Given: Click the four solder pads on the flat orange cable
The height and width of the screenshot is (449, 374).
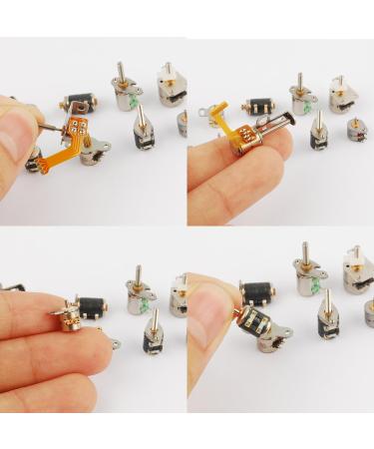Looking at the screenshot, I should (77, 126).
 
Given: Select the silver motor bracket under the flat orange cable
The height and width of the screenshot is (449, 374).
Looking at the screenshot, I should (92, 150).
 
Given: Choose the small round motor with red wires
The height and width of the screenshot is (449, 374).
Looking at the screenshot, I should (357, 129).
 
